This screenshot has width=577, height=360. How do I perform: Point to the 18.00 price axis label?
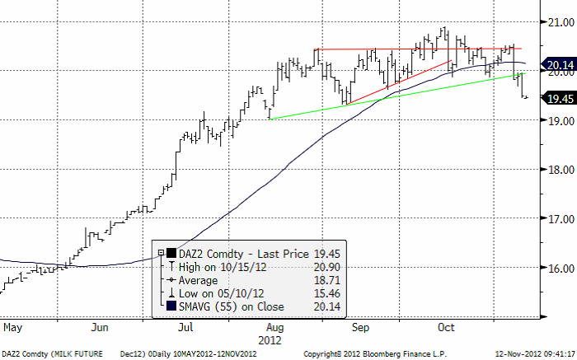point(557,170)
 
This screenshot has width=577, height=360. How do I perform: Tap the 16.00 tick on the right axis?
point(557,269)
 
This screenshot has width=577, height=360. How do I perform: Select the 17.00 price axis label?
point(557,219)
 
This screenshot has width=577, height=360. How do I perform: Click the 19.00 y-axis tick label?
point(557,120)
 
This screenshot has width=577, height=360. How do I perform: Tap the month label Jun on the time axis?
point(100,327)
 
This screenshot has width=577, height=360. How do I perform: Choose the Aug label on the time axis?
point(274,327)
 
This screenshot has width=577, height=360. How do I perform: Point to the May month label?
point(13,327)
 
